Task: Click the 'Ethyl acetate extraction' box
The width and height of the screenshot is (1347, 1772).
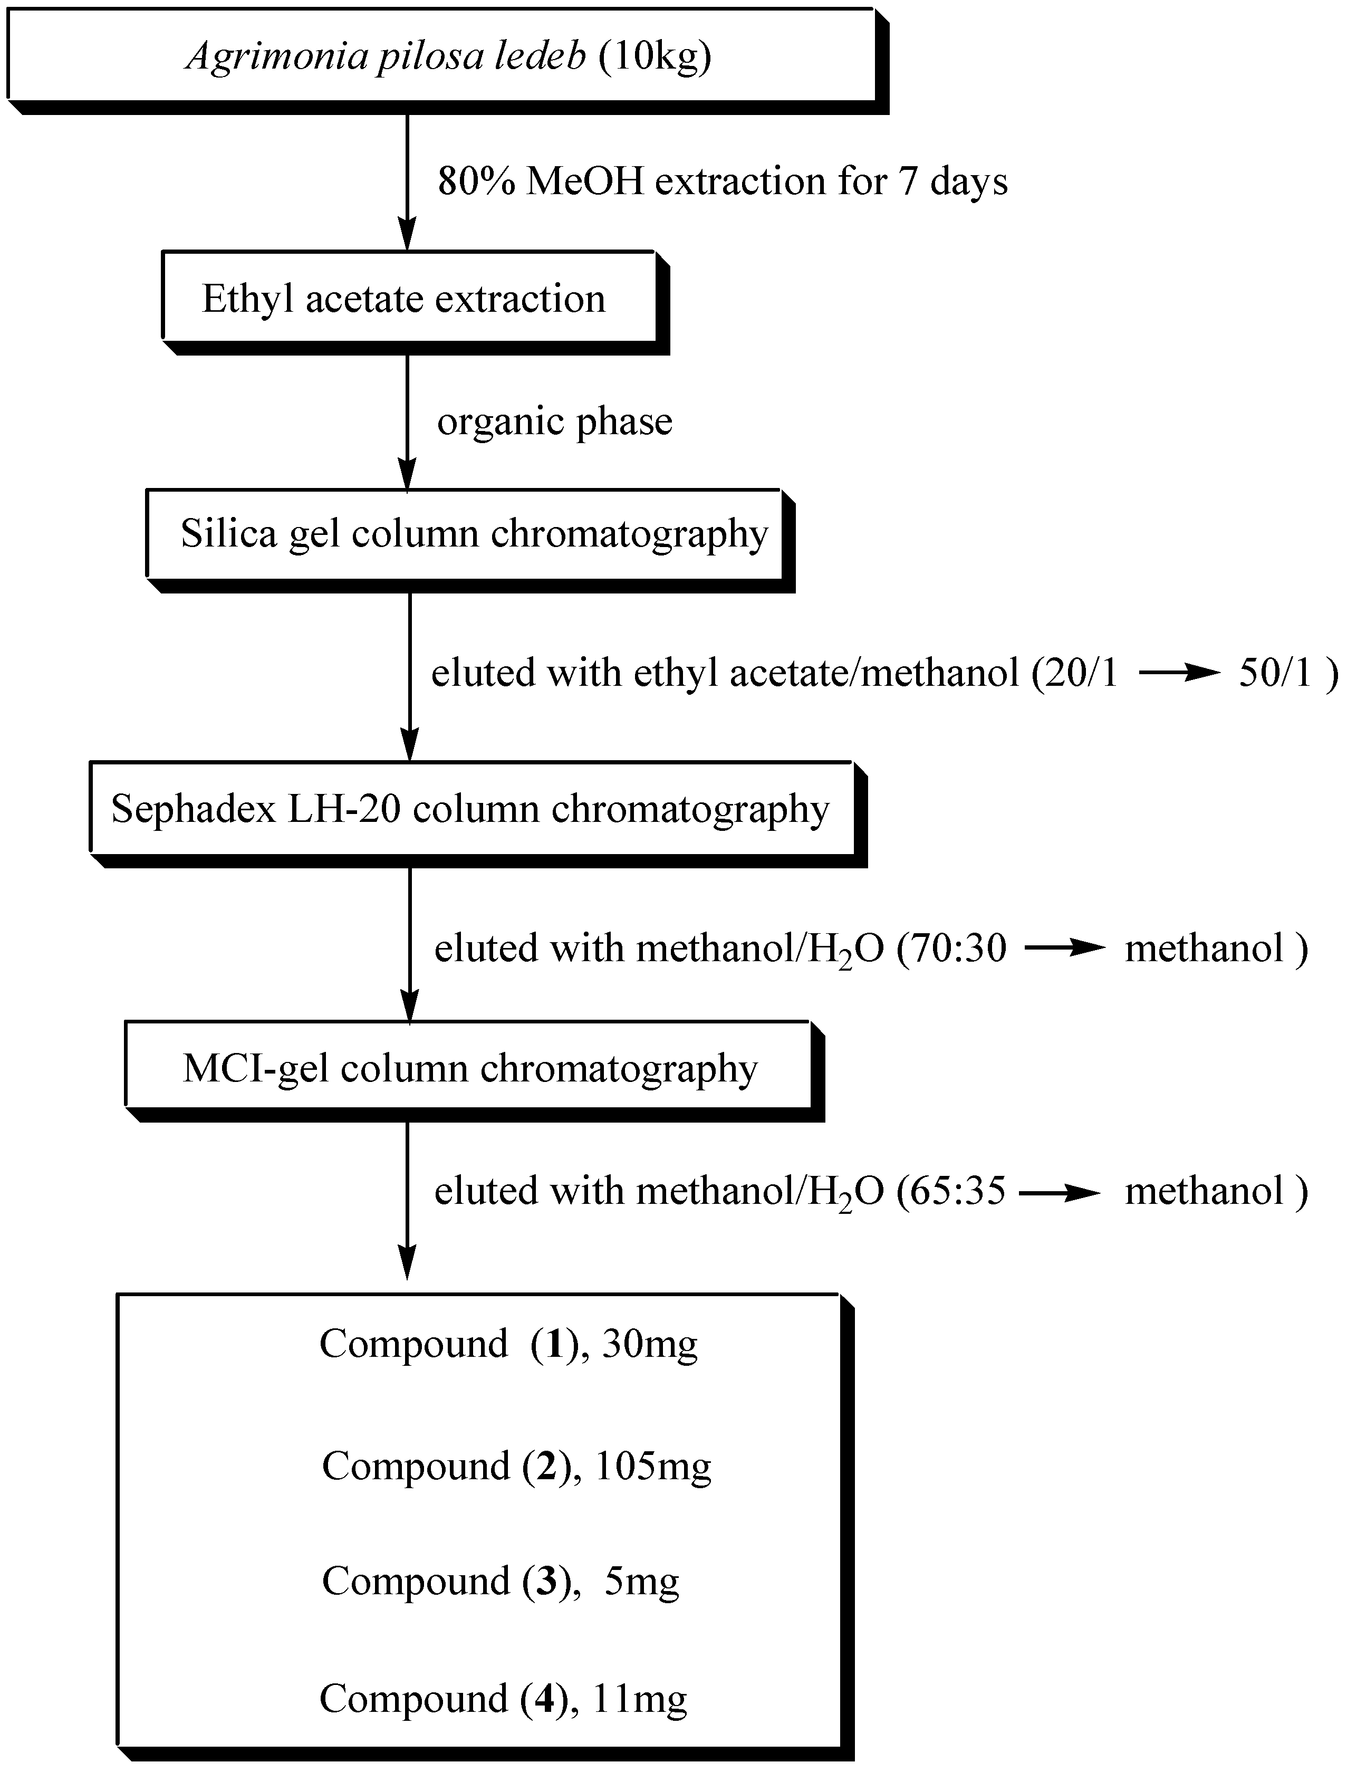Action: click(409, 298)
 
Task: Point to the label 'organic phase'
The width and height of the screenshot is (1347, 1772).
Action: click(554, 422)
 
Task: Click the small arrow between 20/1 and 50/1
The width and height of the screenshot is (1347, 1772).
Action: click(1178, 674)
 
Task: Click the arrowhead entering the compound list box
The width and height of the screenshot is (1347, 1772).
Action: click(407, 1265)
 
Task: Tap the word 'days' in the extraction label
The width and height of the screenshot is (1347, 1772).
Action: click(968, 182)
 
